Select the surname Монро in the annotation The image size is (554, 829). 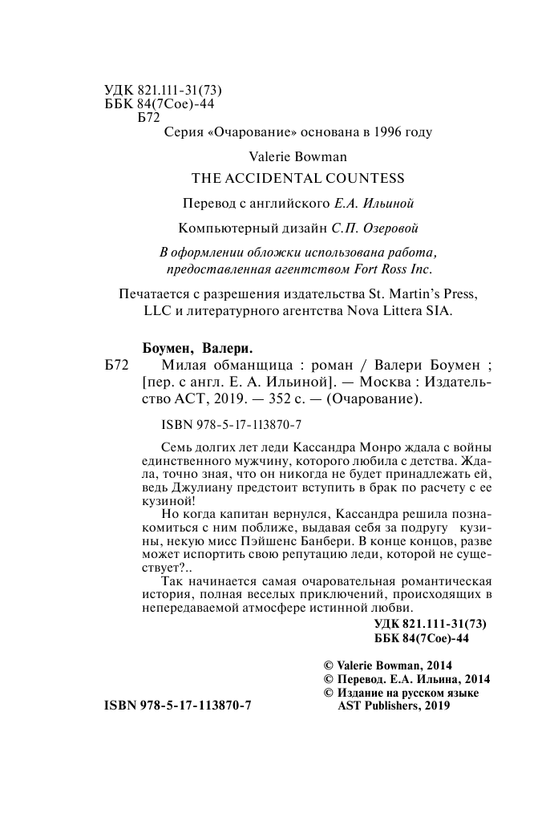click(x=362, y=446)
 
